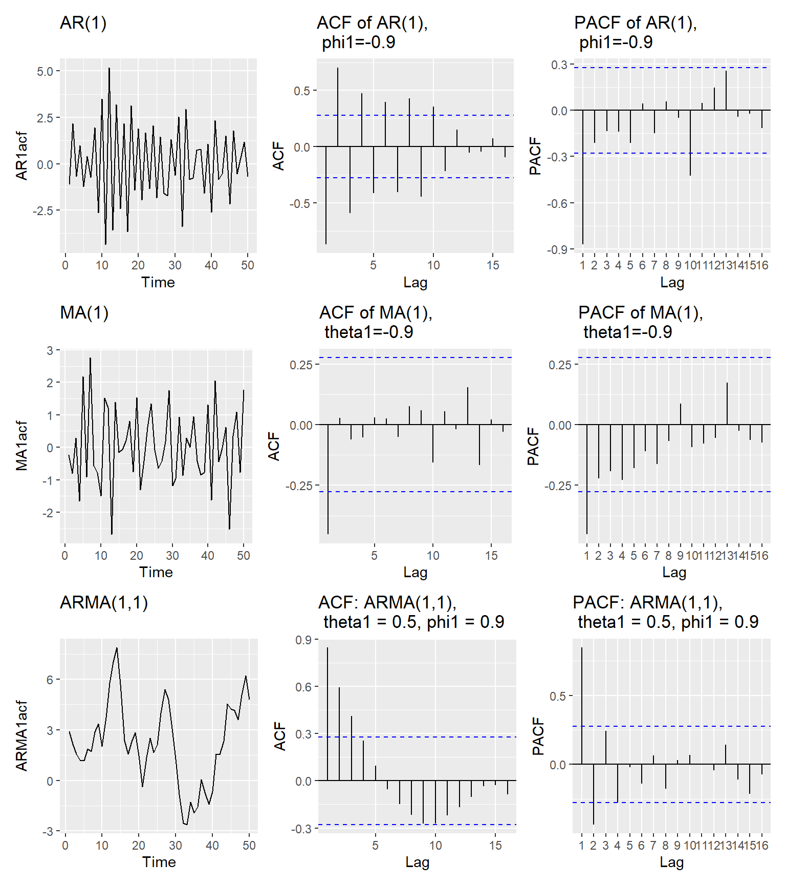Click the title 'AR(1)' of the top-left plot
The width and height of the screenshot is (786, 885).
pyautogui.click(x=83, y=23)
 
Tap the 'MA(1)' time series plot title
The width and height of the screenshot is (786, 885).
pyautogui.click(x=84, y=313)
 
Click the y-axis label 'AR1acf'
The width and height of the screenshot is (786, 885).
pyautogui.click(x=21, y=156)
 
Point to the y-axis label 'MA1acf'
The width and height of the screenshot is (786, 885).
pyautogui.click(x=21, y=446)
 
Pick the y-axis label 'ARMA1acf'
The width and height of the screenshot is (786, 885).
pyautogui.click(x=21, y=735)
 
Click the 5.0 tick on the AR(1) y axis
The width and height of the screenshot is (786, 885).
pyautogui.click(x=45, y=71)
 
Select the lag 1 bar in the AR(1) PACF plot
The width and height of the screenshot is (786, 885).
pyautogui.click(x=583, y=177)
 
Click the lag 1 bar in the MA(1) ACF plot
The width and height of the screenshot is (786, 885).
pyautogui.click(x=328, y=479)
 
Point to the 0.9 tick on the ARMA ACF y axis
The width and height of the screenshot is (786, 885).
pyautogui.click(x=303, y=640)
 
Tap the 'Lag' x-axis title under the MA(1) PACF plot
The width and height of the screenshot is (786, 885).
pyautogui.click(x=674, y=572)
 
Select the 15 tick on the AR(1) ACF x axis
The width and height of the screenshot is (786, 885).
pyautogui.click(x=493, y=265)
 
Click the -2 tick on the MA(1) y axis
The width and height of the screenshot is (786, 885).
pyautogui.click(x=50, y=513)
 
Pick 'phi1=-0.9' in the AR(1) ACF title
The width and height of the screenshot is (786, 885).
pyautogui.click(x=358, y=43)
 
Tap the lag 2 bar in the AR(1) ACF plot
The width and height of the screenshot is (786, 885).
pyautogui.click(x=338, y=107)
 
